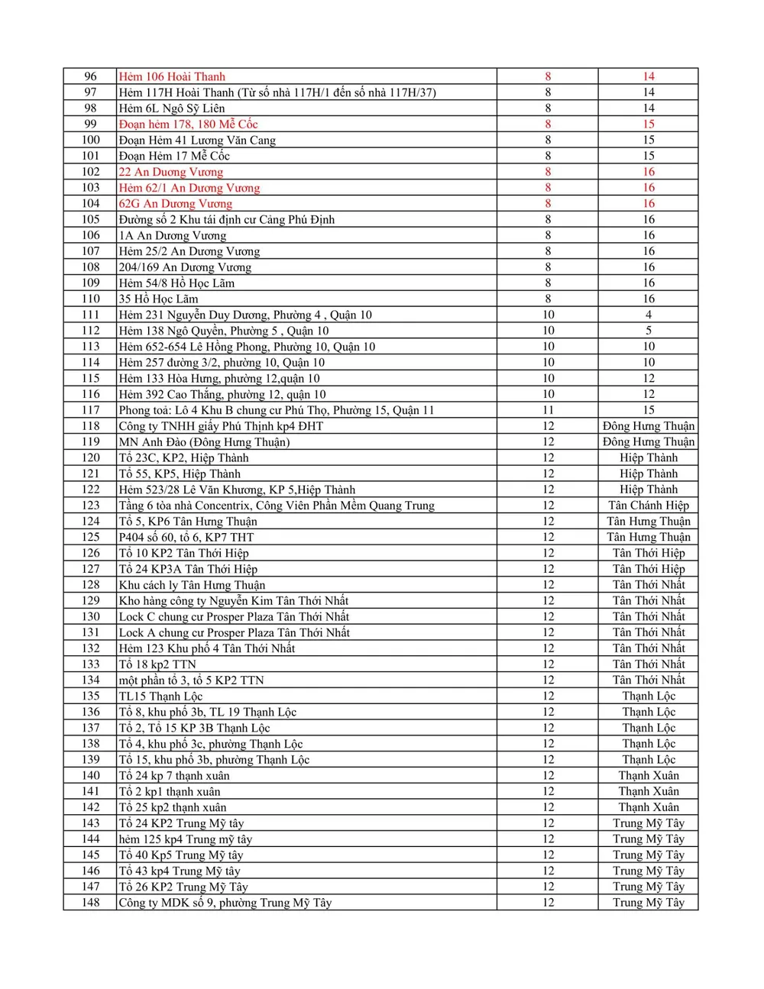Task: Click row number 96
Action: [90, 76]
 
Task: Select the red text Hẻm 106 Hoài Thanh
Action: [172, 76]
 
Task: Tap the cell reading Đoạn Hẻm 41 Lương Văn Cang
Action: [197, 140]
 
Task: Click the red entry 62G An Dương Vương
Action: [175, 203]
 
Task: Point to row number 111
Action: [90, 315]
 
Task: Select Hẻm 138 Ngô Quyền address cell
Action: [223, 331]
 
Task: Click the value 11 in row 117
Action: [548, 410]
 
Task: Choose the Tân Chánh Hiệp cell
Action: [648, 506]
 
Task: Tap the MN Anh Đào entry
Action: [204, 442]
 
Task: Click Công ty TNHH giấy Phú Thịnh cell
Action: [221, 426]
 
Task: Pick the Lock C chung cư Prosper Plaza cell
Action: [234, 616]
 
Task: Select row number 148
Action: [90, 903]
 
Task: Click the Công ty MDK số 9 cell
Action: [225, 903]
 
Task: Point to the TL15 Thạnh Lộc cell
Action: [160, 696]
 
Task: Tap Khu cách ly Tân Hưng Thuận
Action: [192, 585]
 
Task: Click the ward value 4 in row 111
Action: [648, 315]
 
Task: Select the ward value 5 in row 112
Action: [648, 331]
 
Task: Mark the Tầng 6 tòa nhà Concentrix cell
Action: [277, 506]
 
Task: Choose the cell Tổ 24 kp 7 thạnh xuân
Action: [174, 775]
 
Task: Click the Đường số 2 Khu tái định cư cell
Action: [226, 219]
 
